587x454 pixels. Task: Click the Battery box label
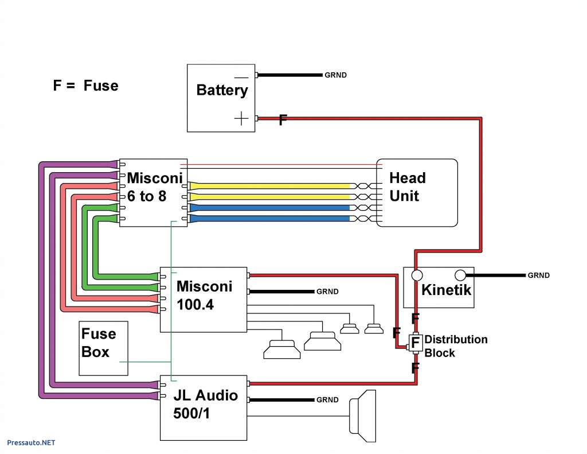222,90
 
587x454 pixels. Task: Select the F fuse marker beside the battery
282,120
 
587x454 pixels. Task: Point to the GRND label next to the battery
335,75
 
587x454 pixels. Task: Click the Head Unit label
407,187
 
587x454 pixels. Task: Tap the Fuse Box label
99,343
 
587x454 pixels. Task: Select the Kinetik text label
446,290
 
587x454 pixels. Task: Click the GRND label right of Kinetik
538,275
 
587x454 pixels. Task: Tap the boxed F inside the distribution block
414,343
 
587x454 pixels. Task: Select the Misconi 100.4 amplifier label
204,295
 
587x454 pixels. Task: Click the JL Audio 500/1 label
205,404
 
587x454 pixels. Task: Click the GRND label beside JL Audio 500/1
327,400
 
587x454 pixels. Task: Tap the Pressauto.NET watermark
31,443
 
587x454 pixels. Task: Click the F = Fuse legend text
85,86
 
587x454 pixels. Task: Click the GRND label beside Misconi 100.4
327,292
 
